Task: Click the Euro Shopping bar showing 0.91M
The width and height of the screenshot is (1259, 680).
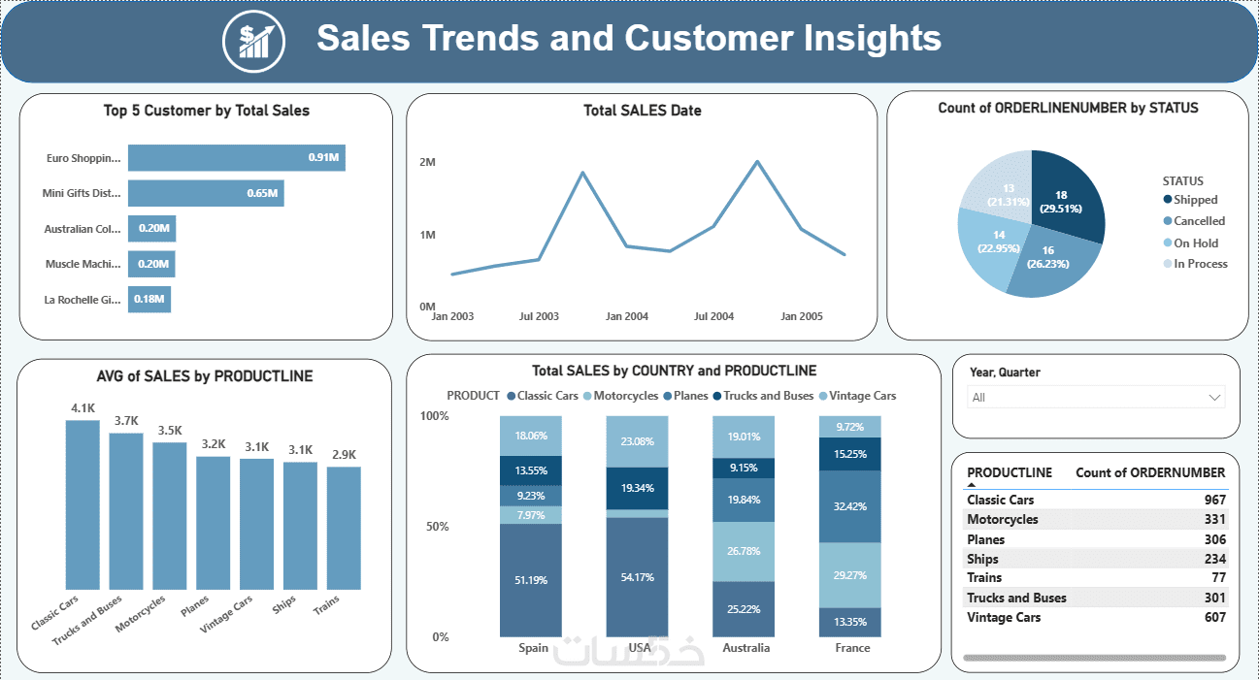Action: point(236,157)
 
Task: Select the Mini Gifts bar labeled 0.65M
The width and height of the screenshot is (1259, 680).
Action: point(205,193)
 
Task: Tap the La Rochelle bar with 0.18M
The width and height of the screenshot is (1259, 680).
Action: point(149,299)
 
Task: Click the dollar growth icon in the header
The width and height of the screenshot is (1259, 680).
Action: point(254,40)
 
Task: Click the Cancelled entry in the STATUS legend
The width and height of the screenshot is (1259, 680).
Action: point(1199,221)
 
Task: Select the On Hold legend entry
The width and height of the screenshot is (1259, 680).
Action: point(1195,243)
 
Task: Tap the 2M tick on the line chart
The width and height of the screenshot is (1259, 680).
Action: point(427,162)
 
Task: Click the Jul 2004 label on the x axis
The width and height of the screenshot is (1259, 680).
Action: point(713,316)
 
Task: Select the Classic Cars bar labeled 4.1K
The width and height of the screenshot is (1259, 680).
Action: point(83,504)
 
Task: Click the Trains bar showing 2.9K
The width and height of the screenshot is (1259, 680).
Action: point(344,528)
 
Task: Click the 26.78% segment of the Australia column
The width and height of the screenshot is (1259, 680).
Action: point(744,551)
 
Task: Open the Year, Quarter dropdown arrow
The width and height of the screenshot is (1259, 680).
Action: point(1213,397)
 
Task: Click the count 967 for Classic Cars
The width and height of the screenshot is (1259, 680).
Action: point(1214,501)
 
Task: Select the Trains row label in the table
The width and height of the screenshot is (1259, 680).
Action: point(984,578)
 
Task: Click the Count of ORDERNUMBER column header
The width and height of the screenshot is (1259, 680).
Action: point(1150,472)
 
